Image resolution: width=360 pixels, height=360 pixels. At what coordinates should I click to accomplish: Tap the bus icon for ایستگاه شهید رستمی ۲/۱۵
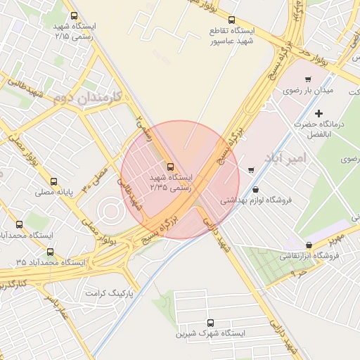[x=75, y=15]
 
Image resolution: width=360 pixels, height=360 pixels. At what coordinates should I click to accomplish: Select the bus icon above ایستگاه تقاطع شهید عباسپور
[x=233, y=20]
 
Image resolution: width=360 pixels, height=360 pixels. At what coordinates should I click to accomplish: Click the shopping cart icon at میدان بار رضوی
[x=307, y=79]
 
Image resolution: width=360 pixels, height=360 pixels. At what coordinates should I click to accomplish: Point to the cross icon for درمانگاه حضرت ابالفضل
[x=319, y=113]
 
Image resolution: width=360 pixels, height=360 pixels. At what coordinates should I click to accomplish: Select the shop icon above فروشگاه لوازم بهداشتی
[x=255, y=189]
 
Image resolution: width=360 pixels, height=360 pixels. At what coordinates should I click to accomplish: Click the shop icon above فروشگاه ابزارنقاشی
[x=309, y=245]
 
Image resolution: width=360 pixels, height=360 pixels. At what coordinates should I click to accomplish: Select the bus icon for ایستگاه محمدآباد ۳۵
[x=49, y=252]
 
